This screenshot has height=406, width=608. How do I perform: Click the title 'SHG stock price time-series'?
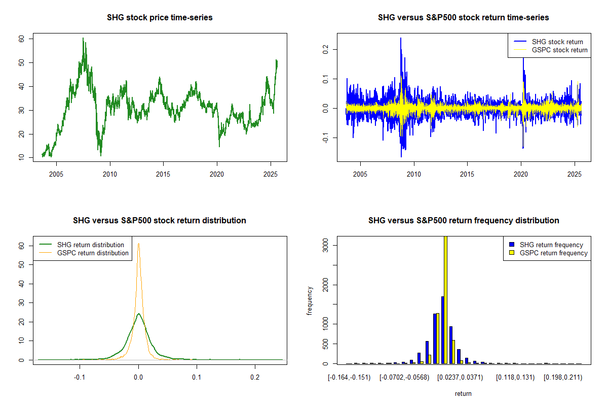[x=160, y=17]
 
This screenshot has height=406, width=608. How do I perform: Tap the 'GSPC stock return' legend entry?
[x=559, y=50]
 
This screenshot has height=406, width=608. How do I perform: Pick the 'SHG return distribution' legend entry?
[x=91, y=245]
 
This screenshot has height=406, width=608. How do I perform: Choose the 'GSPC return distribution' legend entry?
[x=93, y=253]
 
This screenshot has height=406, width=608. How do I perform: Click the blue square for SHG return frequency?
[x=513, y=245]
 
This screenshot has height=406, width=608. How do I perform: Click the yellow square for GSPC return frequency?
[x=513, y=253]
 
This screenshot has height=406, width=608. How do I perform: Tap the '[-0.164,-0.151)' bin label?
[x=349, y=377]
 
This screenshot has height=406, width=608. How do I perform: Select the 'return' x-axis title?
[x=463, y=393]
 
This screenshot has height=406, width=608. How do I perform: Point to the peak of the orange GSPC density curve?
[x=138, y=244]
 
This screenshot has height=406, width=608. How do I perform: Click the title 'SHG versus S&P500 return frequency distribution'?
[x=464, y=220]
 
